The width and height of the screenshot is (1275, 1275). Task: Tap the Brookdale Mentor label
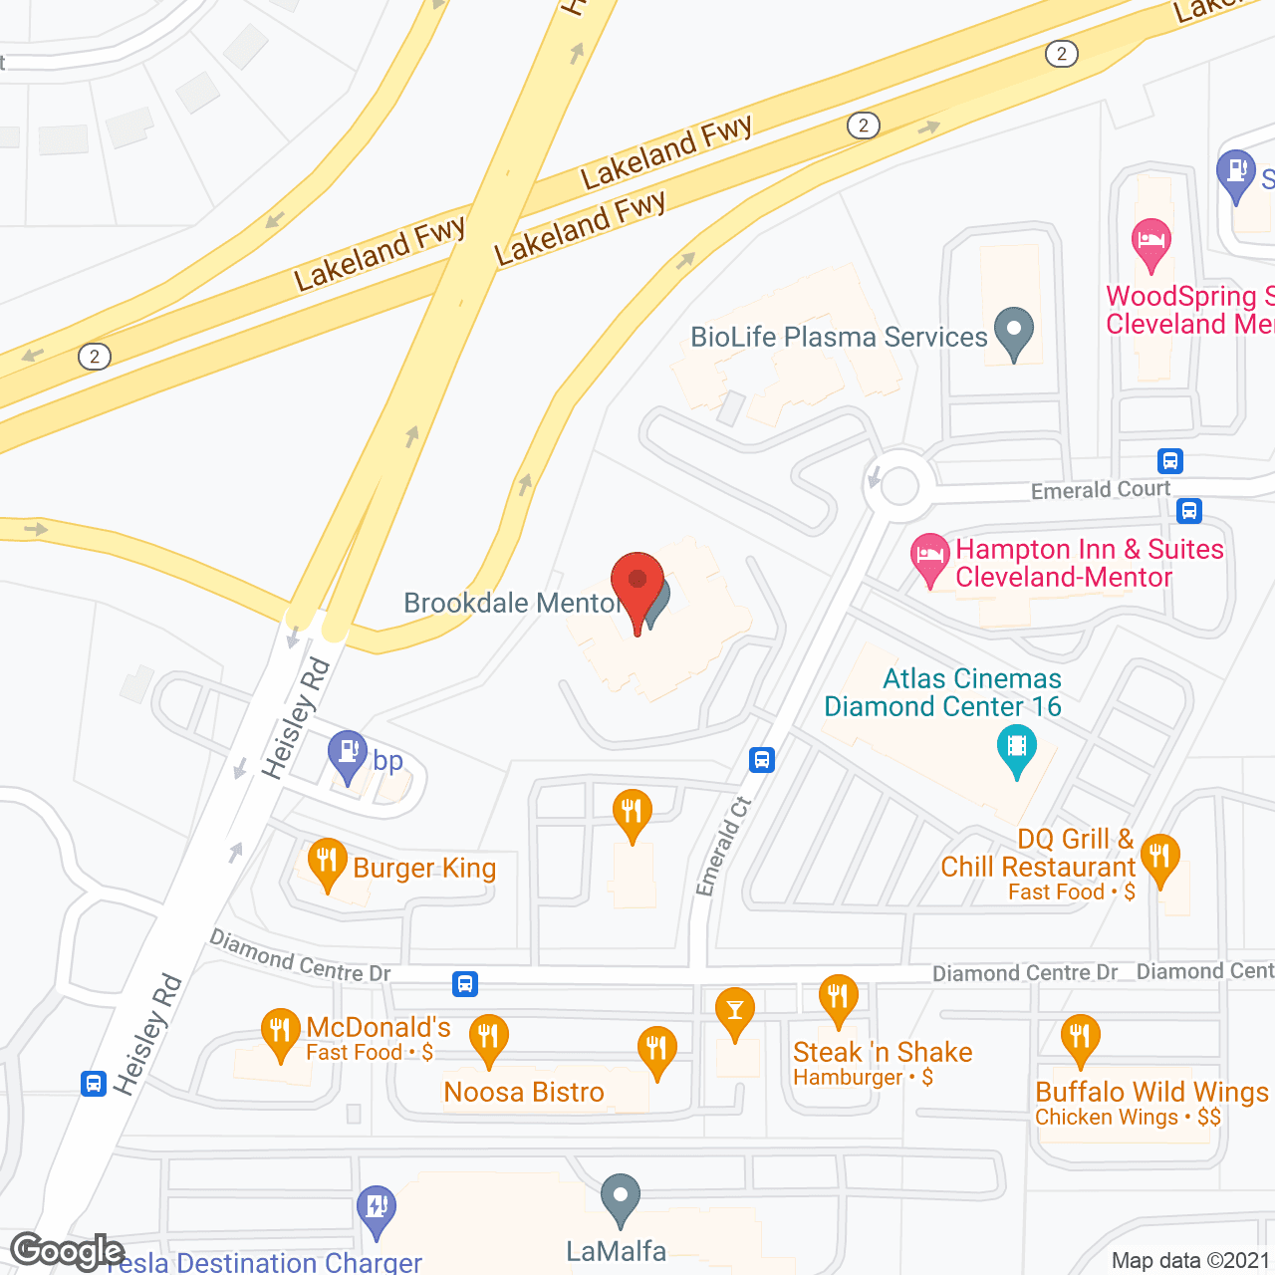pos(511,603)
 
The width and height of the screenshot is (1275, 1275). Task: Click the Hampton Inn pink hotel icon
pos(930,558)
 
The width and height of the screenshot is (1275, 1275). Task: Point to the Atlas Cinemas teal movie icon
pos(1016,749)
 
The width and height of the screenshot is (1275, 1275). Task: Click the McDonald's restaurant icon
pos(281,1033)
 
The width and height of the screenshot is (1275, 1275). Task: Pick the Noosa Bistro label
pos(524,1092)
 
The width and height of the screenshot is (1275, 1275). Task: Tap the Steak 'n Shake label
pos(883,1052)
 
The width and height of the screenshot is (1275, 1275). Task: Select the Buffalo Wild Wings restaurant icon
pos(1080,1039)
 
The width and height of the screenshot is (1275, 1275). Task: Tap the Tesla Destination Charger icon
pos(377,1209)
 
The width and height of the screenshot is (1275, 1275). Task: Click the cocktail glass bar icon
pos(735,1012)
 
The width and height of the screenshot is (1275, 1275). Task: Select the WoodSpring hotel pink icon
pos(1151,243)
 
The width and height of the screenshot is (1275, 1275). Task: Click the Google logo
pos(68,1251)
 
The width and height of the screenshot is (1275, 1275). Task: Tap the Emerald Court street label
pos(1101,490)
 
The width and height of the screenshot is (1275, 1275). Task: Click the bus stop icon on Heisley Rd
pos(94,1083)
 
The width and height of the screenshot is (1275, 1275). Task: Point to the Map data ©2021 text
pos(1190,1261)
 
